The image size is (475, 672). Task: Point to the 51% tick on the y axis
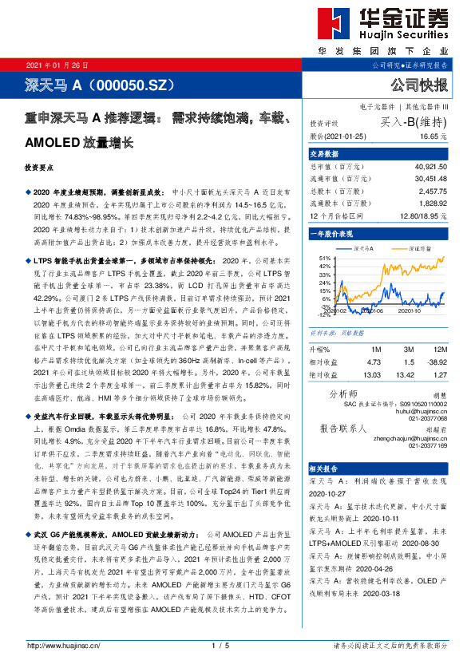pyautogui.click(x=324, y=259)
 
